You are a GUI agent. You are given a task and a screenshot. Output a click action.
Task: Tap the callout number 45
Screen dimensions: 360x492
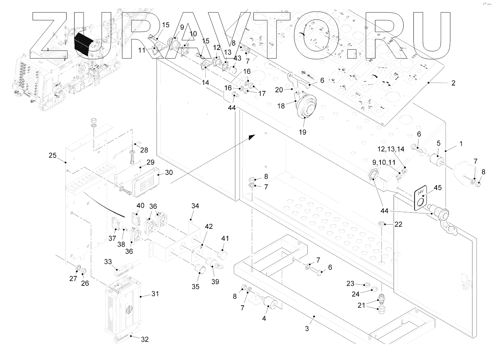point(438,188)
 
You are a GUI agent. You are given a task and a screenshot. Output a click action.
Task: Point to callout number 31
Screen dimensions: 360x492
point(155,294)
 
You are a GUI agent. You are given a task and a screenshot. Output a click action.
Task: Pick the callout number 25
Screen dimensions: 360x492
point(52,155)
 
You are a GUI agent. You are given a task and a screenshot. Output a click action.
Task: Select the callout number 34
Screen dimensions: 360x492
point(195,206)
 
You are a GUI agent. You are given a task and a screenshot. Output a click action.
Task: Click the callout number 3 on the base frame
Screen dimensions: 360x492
point(307,328)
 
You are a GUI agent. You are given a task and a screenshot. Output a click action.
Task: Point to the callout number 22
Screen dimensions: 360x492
point(398,225)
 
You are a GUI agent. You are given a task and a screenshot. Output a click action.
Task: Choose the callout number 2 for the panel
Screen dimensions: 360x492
point(453,83)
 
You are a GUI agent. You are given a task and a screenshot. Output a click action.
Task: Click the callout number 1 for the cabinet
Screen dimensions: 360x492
point(461,144)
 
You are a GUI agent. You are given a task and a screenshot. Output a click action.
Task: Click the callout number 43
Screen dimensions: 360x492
point(237,58)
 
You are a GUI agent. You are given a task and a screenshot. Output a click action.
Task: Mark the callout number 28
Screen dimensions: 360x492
point(144,150)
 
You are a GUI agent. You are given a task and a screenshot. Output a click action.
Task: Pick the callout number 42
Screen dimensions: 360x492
point(209,226)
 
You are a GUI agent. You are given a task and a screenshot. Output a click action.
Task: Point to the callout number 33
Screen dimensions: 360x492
point(108,261)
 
